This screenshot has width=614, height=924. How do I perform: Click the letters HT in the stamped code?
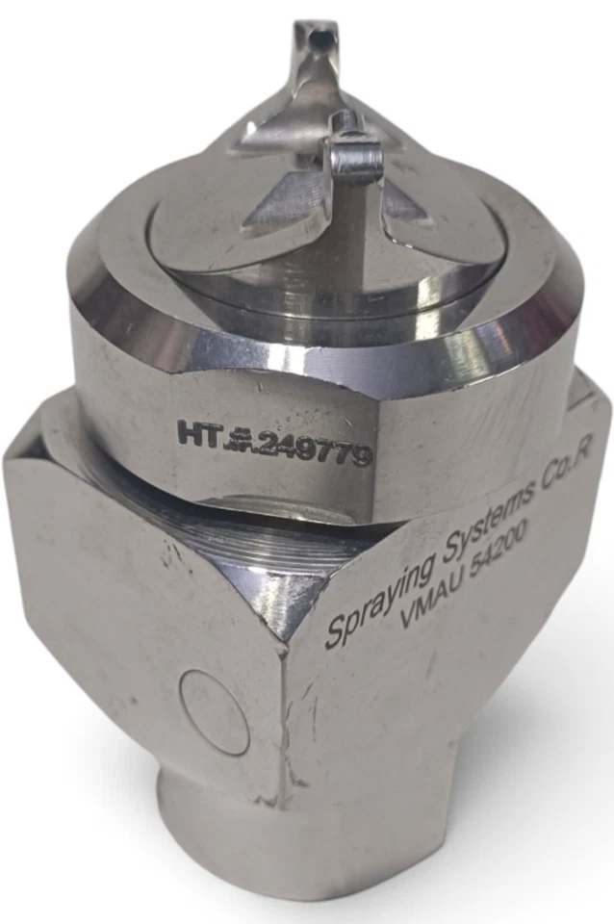click(x=195, y=434)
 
